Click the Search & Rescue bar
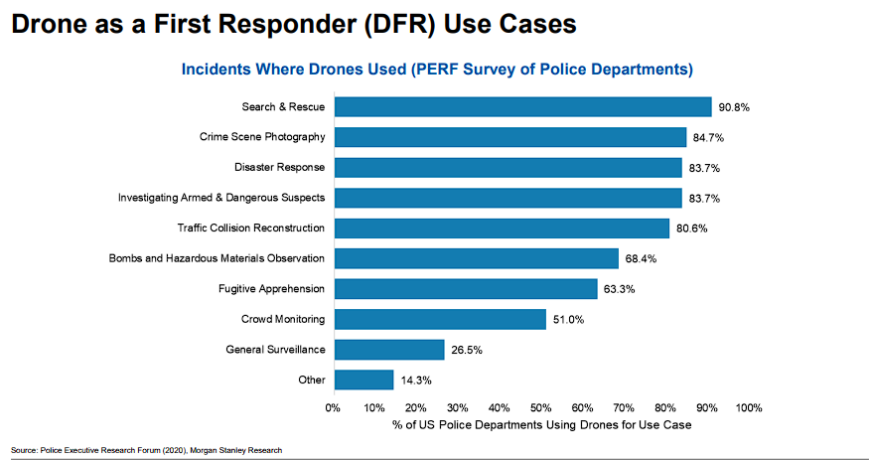click(522, 107)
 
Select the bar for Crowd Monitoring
click(440, 319)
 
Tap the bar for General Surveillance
click(389, 350)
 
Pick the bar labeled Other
click(363, 380)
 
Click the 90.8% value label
click(733, 107)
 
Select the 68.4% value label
click(640, 259)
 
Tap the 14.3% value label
click(414, 381)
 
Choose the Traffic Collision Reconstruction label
click(250, 228)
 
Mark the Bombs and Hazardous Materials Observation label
click(217, 258)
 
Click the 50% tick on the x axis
click(541, 407)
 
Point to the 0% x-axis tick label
click(334, 407)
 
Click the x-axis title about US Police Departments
click(541, 424)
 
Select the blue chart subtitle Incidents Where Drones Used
click(435, 70)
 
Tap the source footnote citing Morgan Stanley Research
click(147, 450)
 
